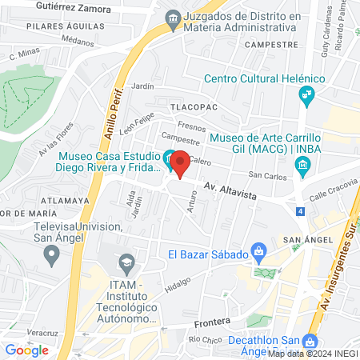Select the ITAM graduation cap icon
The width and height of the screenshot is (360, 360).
point(126,262)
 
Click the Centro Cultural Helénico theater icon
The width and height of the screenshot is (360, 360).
point(306,96)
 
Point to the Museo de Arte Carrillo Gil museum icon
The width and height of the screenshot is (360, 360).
point(302,166)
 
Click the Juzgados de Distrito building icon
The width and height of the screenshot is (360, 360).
point(172,17)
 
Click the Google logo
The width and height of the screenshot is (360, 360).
point(26,349)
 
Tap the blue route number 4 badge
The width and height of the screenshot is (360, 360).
point(299,211)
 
